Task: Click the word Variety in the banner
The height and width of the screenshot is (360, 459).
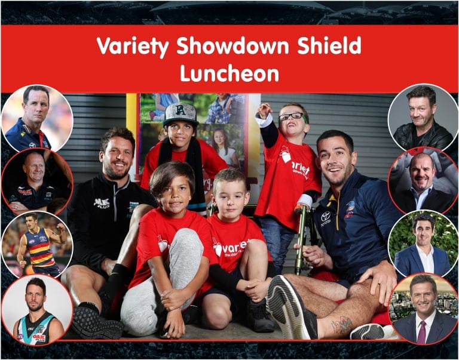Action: click(x=133, y=46)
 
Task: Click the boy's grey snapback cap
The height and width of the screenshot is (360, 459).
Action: click(x=180, y=113)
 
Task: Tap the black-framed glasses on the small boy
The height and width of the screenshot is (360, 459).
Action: click(x=292, y=116)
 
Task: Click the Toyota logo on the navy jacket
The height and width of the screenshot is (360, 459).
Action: click(x=326, y=218)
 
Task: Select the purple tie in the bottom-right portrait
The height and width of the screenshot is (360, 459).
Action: click(x=422, y=332)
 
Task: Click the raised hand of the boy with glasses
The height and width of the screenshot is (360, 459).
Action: click(x=265, y=109)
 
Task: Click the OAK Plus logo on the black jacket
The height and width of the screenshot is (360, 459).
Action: click(x=102, y=203)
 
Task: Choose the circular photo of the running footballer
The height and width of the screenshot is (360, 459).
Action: click(x=37, y=244)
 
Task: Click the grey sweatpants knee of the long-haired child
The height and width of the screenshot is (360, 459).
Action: click(x=186, y=244)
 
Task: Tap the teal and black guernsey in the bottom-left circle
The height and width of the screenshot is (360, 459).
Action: click(x=37, y=328)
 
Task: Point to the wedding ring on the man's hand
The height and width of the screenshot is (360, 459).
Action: click(x=380, y=283)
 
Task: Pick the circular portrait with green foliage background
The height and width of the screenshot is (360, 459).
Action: click(x=423, y=244)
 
